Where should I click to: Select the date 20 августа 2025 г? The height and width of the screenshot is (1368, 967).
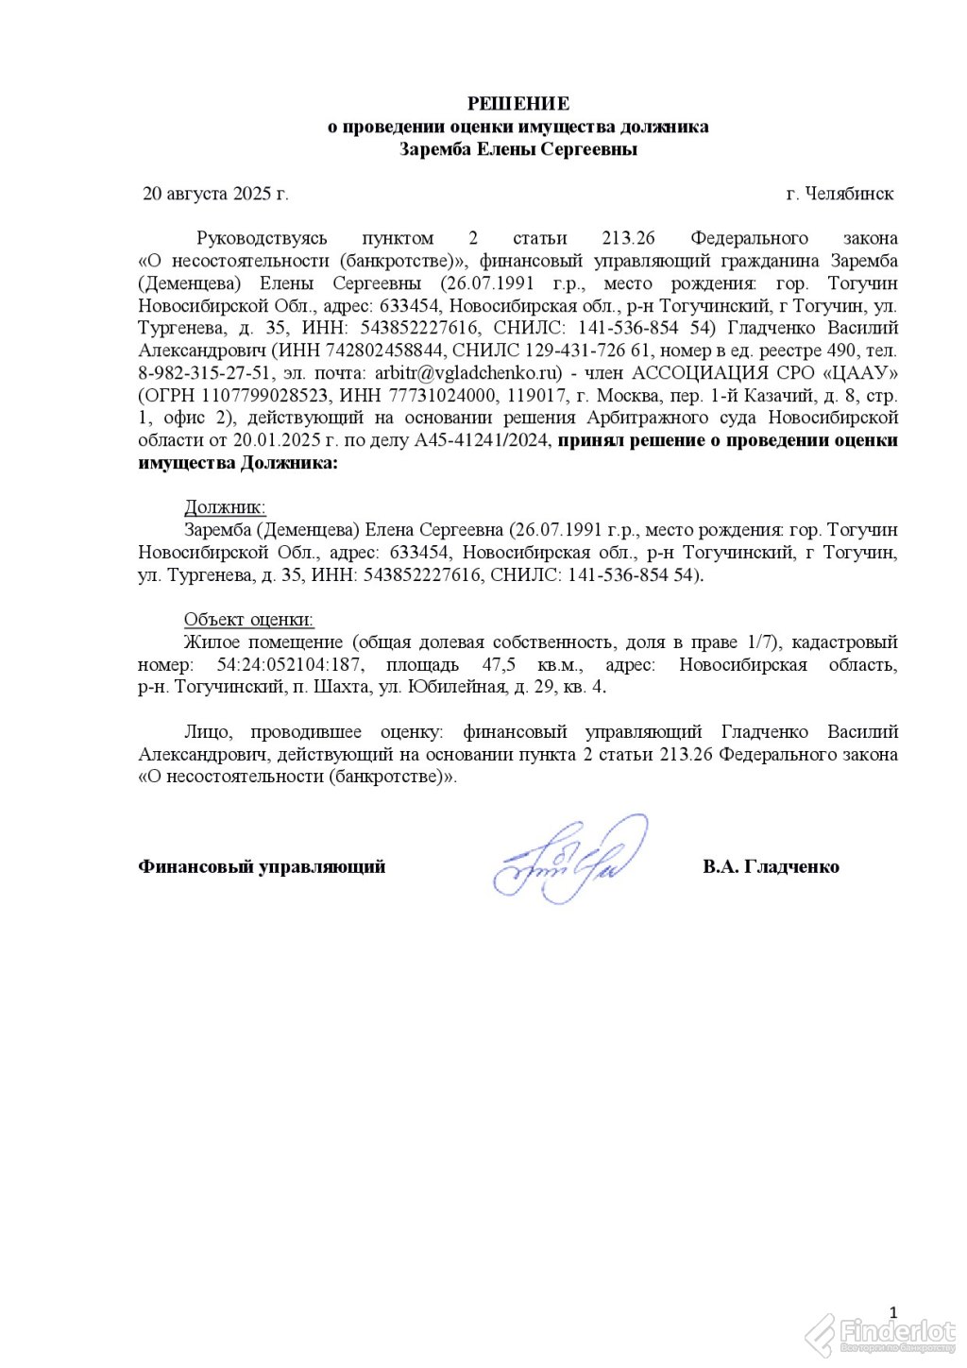click(215, 194)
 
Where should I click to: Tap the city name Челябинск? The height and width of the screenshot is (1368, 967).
click(847, 194)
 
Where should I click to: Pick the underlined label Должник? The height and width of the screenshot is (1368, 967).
click(225, 507)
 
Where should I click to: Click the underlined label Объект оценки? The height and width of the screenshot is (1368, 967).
click(248, 620)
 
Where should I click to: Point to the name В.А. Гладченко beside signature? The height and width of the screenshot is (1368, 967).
click(771, 867)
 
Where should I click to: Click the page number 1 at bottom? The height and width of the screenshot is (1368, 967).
click(893, 1310)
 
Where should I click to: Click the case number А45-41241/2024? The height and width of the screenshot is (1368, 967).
click(483, 440)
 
